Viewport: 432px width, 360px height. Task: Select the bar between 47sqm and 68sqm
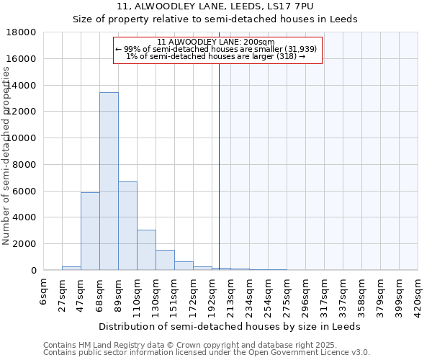pyautogui.click(x=90, y=231)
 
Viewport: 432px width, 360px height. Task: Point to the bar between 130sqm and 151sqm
pyautogui.click(x=165, y=260)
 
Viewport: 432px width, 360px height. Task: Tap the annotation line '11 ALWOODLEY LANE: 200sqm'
pyautogui.click(x=215, y=42)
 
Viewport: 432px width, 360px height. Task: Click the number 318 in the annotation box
pyautogui.click(x=285, y=56)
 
